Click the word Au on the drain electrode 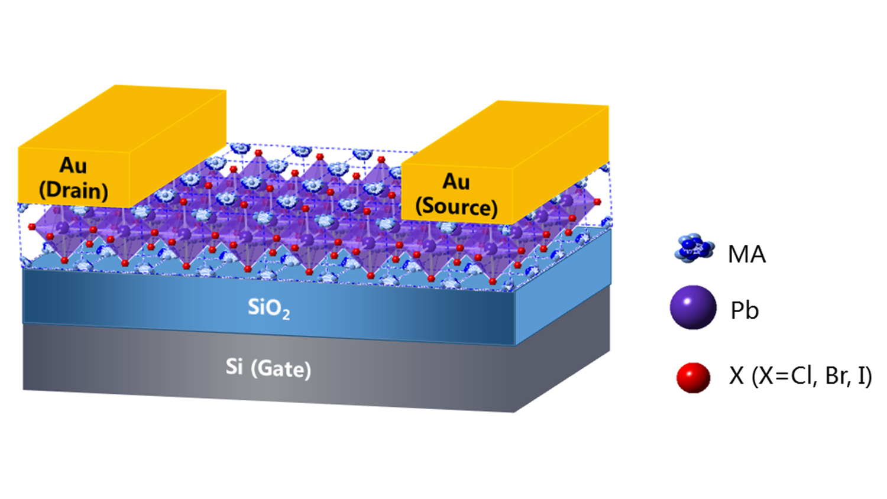coord(73,165)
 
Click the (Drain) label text coord(74,190)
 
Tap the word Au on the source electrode coord(456,182)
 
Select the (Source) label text coord(457,207)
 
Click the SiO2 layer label coord(269,307)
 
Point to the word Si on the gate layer coord(234,367)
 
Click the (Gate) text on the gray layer coord(281,370)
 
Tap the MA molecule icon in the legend coord(694,248)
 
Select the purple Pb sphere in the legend coord(693,307)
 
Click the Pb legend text coord(744,310)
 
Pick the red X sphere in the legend coord(693,377)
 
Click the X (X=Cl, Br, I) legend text coord(800,376)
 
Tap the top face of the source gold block coord(505,134)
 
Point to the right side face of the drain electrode coord(178,148)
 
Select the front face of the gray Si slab coord(269,368)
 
